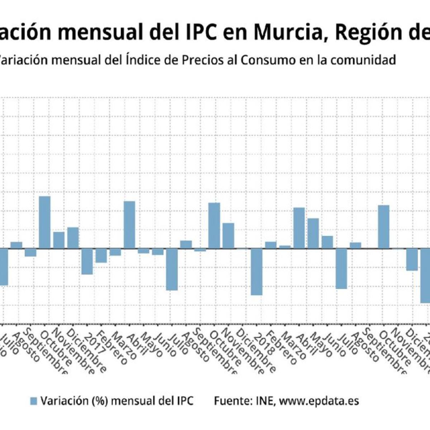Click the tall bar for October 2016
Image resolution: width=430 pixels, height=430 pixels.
44,222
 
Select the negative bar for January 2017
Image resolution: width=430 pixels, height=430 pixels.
87,261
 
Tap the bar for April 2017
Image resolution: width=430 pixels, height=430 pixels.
129,225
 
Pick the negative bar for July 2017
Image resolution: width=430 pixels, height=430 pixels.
172,269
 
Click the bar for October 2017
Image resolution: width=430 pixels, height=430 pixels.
214,225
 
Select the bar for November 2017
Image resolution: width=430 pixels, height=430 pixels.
228,235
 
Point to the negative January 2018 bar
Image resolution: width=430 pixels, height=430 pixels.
257,272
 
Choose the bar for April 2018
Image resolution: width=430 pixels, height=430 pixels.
299,228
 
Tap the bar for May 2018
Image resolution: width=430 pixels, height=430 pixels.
313,233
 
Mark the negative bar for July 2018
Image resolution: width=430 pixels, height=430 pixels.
341,268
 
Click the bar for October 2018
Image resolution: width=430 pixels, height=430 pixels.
384,227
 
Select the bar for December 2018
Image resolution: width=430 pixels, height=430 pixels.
412,259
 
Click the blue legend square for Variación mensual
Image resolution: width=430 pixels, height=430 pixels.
33,401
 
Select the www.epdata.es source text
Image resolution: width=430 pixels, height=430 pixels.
319,401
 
